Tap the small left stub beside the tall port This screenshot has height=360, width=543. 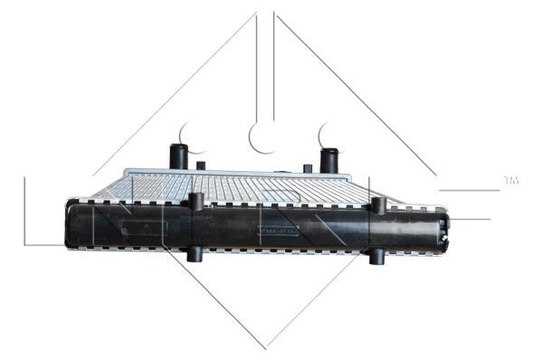pos(201,166)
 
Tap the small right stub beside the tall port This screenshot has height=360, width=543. pos(308,168)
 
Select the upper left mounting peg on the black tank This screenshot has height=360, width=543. pos(195,202)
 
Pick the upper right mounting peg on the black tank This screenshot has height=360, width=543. pos(379,205)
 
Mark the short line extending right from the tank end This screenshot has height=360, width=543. pos(470,219)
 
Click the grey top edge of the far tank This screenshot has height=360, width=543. pos(235,172)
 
